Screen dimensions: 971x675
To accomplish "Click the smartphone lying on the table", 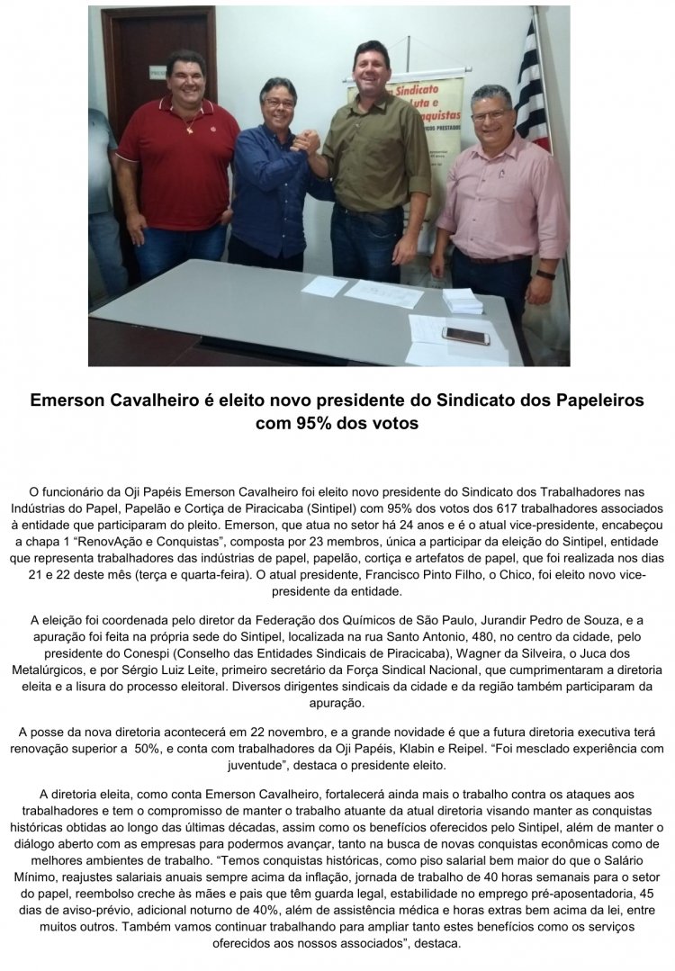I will [x=465, y=336].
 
